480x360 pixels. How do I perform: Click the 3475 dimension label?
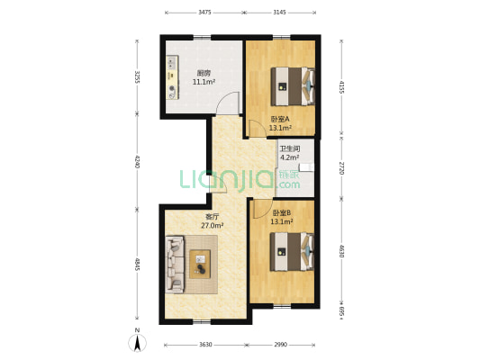pos(204,13)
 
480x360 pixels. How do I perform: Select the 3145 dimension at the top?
pos(279,13)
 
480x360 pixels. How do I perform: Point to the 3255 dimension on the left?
pos(137,77)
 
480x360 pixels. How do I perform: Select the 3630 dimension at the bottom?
pos(205,345)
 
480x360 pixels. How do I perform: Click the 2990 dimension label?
pos(280,345)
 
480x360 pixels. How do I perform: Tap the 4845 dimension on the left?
pos(137,265)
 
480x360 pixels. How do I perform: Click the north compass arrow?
pos(138,343)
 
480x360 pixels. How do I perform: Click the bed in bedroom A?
pos(293,86)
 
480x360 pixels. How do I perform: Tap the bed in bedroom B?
pos(292,252)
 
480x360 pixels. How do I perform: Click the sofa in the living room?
pos(175,265)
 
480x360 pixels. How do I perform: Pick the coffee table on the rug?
pos(200,265)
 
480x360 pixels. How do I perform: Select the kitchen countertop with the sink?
pos(173,77)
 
